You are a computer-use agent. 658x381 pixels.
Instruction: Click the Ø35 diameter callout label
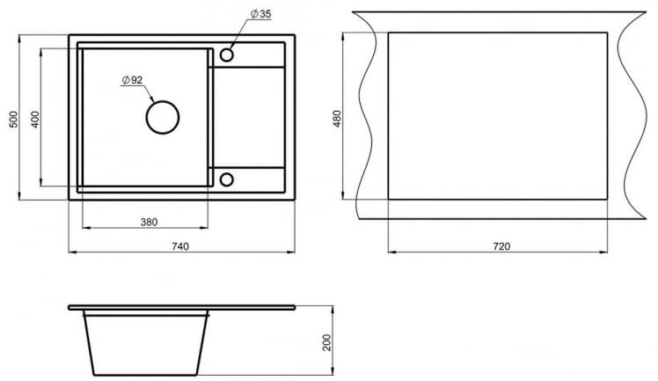pos(261,13)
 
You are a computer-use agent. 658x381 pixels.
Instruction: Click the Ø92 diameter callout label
pos(132,80)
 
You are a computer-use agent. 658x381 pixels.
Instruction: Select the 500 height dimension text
pos(13,120)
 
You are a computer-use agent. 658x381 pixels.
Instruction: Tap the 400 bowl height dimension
pos(35,120)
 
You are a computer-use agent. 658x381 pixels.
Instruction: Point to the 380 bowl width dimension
pos(149,222)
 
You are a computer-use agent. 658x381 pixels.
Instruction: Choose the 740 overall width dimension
pos(180,246)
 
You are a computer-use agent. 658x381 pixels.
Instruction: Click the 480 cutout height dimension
pos(337,119)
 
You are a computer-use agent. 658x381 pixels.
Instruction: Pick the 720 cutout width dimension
pos(501,246)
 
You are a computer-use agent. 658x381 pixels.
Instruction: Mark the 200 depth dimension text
pos(327,342)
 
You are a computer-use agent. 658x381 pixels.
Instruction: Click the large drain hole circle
pos(163,101)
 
